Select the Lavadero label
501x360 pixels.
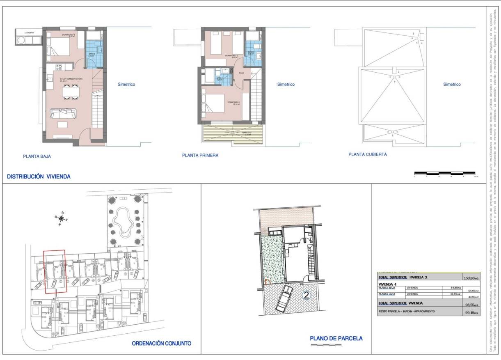(x=28, y=32)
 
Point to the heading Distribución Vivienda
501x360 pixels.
(x=39, y=177)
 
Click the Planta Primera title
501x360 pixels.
(x=200, y=156)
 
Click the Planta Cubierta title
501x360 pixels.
(x=368, y=155)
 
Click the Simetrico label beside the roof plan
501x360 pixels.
(x=452, y=85)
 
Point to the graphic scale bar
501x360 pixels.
(x=445, y=173)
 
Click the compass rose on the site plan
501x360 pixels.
(x=61, y=218)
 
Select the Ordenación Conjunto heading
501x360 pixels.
(x=162, y=343)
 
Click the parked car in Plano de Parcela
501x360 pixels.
(x=284, y=298)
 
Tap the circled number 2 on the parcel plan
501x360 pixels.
(x=306, y=295)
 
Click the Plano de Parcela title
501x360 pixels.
(x=336, y=338)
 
